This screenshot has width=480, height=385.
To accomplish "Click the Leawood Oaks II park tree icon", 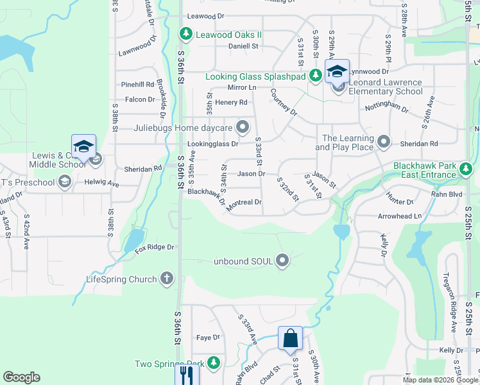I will pyautogui.click(x=186, y=33).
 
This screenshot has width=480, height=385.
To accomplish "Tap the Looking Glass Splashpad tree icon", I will pyautogui.click(x=315, y=76).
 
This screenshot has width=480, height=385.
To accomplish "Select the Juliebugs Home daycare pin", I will pyautogui.click(x=243, y=127).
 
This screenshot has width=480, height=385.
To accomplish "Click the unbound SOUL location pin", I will pyautogui.click(x=282, y=261).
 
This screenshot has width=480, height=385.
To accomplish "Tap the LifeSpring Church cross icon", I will pyautogui.click(x=167, y=279).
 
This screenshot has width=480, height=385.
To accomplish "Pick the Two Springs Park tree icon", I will pyautogui.click(x=213, y=364).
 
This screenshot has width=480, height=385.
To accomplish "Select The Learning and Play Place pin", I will pyautogui.click(x=384, y=141).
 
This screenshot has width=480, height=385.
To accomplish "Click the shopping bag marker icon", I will pyautogui.click(x=290, y=338).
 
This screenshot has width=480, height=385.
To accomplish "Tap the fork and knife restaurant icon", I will pyautogui.click(x=186, y=375).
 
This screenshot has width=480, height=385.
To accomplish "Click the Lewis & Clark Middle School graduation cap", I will pyautogui.click(x=83, y=147).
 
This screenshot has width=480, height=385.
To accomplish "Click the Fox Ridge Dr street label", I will pyautogui.click(x=155, y=247).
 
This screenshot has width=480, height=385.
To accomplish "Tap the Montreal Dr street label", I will pyautogui.click(x=244, y=202).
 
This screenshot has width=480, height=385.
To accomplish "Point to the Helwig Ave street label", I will pyautogui.click(x=102, y=184).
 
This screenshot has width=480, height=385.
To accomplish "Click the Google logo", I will pyautogui.click(x=21, y=377).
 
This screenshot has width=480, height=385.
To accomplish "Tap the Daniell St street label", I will pyautogui.click(x=243, y=46).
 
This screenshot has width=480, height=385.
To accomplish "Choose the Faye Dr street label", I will pyautogui.click(x=208, y=338).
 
